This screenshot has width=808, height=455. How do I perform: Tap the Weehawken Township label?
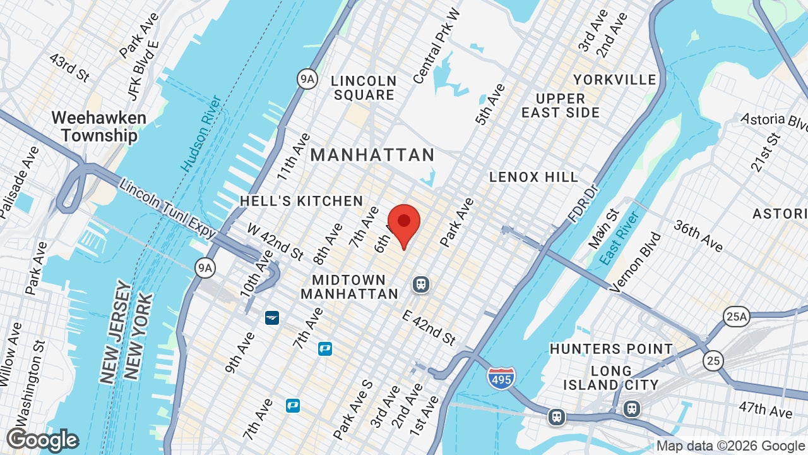pos(98,126)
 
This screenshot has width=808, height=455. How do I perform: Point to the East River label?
pos(620,238)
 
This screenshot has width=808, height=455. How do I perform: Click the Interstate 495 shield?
pos(501,378)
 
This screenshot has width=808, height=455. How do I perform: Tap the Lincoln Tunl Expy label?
pos(168,210)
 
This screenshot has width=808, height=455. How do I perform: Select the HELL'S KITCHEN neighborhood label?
pos(301,201)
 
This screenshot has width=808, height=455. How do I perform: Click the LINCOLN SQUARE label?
pos(364,88)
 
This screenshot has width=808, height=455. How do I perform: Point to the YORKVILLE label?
pos(615,80)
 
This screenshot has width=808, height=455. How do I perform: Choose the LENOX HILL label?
pos(534,177)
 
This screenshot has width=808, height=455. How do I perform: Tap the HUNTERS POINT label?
pos(611,349)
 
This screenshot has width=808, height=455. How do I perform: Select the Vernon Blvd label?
pos(636,262)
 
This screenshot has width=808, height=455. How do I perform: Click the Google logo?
pos(42,440)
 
